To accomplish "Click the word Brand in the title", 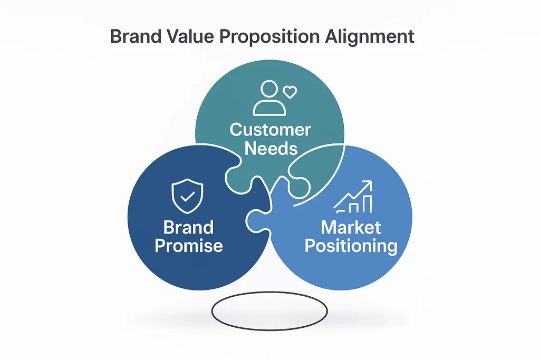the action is click(x=136, y=36).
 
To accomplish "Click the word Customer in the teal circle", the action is click(x=271, y=130).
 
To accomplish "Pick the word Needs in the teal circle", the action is click(x=271, y=148).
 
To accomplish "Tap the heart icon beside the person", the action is click(x=290, y=92).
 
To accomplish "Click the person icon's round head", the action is click(x=269, y=89).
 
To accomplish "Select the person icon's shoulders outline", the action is click(x=269, y=108).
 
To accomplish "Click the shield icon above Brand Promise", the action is click(x=187, y=196).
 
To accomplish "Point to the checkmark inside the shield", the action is click(x=188, y=197).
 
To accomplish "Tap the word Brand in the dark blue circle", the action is click(x=188, y=228).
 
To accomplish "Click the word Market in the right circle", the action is click(x=351, y=228).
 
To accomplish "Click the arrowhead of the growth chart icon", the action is click(x=368, y=185).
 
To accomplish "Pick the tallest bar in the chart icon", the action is click(x=368, y=205).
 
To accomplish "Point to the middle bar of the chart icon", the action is click(x=354, y=208).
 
